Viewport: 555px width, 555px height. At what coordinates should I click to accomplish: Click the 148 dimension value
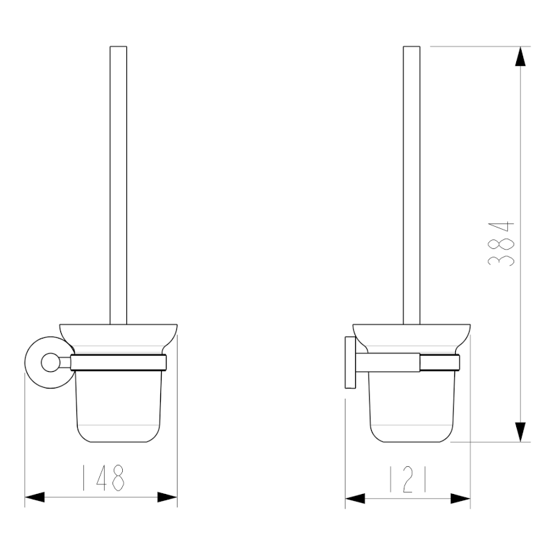101,478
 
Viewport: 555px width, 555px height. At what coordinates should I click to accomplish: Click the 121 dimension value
407,479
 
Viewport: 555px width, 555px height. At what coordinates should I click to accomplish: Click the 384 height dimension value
501,244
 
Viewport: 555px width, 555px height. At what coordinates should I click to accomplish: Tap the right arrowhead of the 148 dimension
167,497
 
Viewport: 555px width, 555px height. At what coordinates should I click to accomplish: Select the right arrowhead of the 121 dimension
461,497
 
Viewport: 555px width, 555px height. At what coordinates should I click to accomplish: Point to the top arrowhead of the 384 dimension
520,56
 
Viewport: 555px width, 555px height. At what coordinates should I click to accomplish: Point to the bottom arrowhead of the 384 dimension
520,431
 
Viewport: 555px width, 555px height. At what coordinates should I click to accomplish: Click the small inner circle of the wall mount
51,361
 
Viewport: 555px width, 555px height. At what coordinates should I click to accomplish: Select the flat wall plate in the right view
349,368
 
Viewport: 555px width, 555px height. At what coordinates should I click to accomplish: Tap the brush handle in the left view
119,180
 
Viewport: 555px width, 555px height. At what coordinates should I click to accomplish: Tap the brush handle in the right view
412,180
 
